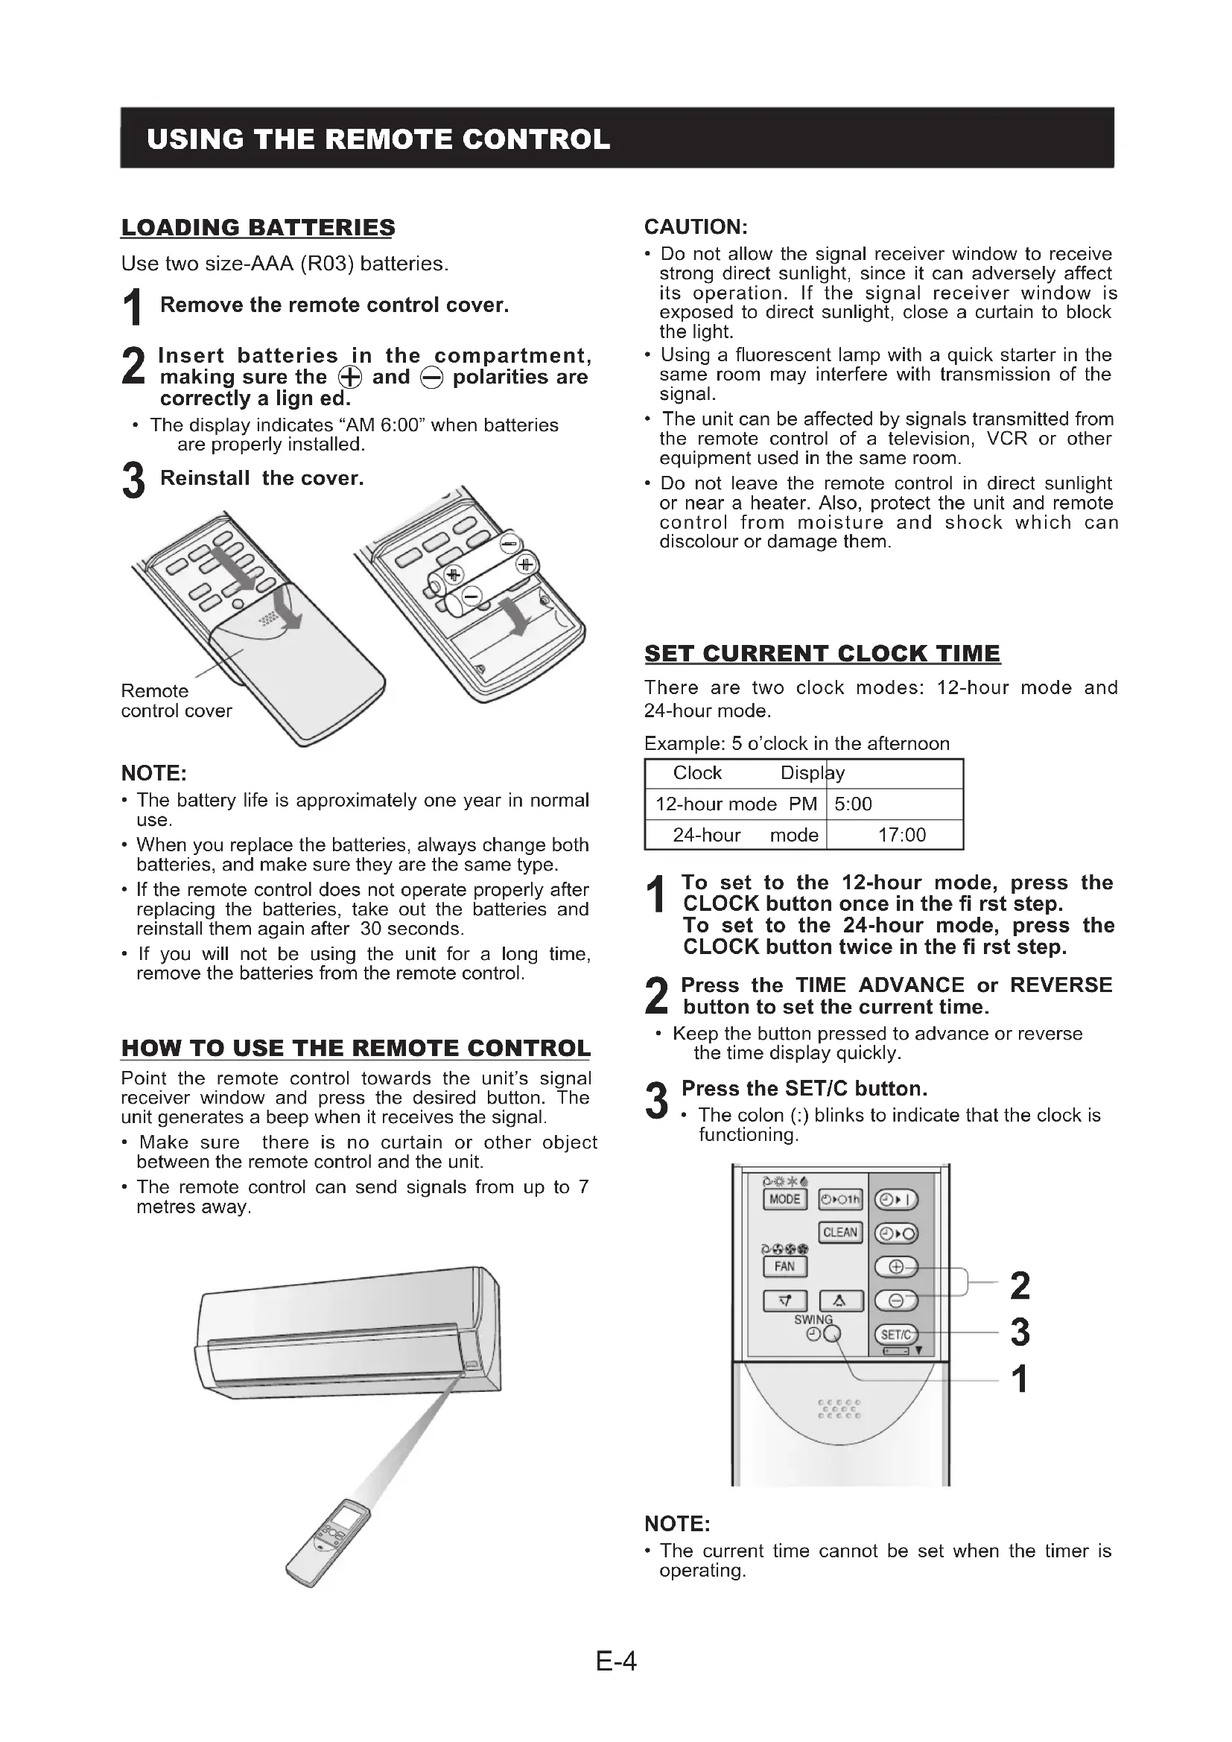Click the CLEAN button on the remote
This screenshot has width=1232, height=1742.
point(839,1233)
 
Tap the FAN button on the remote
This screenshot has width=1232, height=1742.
point(784,1266)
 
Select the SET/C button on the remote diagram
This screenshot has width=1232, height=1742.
point(896,1335)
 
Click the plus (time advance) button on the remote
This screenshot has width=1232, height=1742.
point(896,1267)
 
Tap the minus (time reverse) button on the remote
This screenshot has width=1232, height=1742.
point(896,1300)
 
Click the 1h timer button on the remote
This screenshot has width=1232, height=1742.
point(840,1200)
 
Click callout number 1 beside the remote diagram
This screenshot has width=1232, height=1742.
point(1020,1379)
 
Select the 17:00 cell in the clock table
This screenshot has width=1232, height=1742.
point(901,836)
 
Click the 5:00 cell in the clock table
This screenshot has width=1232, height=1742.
point(854,804)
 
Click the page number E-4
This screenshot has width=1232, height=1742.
point(616,1662)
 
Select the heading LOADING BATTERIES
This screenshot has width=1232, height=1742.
point(258,228)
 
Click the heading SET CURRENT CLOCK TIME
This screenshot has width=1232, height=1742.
point(822,653)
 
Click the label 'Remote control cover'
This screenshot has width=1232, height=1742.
point(176,701)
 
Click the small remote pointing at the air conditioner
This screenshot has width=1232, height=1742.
point(328,1542)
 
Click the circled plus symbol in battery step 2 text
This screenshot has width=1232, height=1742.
point(350,378)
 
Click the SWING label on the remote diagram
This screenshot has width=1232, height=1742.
point(813,1320)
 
